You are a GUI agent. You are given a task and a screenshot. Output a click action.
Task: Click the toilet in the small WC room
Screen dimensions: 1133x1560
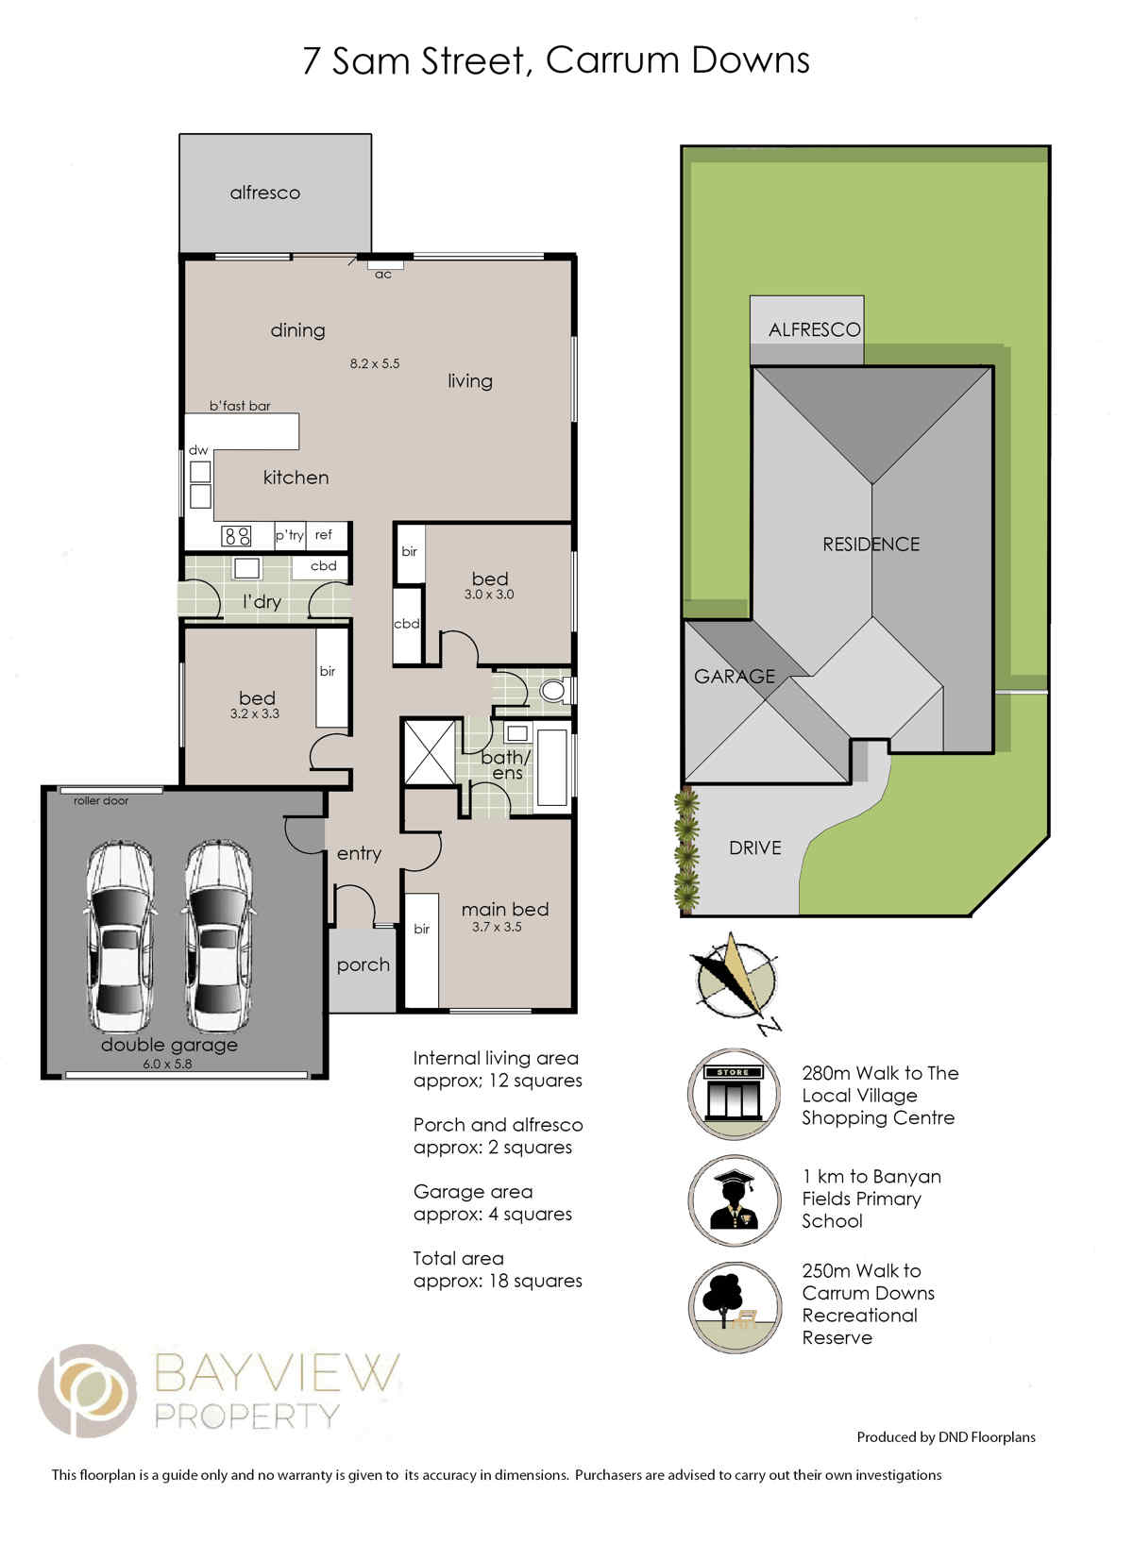click(554, 690)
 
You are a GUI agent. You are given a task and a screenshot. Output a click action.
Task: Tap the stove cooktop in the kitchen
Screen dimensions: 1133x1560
click(235, 535)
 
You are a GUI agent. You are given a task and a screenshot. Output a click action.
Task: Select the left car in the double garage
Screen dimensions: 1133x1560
click(120, 935)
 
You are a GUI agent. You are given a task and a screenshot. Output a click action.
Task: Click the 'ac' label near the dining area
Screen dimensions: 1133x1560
click(382, 275)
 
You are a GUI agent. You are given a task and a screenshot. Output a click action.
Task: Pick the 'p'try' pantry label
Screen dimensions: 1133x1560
click(289, 535)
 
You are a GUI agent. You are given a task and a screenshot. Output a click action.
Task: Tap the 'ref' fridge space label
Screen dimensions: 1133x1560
click(323, 534)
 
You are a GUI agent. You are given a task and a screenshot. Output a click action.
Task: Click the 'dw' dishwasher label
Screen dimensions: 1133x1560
click(198, 450)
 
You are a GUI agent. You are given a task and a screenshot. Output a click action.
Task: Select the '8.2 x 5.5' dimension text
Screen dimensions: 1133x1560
click(374, 362)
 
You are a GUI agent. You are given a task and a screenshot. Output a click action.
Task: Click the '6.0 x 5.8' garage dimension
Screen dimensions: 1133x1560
click(167, 1064)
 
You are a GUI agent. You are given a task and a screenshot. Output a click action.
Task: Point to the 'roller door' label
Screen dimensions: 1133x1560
click(101, 801)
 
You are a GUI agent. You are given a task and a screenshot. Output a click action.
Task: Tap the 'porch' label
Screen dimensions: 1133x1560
click(364, 965)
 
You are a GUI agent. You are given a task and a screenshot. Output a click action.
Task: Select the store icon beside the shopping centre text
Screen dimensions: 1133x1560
click(734, 1094)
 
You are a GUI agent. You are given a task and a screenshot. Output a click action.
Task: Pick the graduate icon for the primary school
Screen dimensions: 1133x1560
click(734, 1199)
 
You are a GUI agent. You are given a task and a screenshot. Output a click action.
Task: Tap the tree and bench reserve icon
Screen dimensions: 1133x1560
click(734, 1307)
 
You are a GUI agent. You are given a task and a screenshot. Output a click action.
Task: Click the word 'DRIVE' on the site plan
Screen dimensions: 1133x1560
click(754, 847)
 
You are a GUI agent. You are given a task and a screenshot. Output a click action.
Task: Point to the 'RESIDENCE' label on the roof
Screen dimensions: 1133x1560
click(871, 544)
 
